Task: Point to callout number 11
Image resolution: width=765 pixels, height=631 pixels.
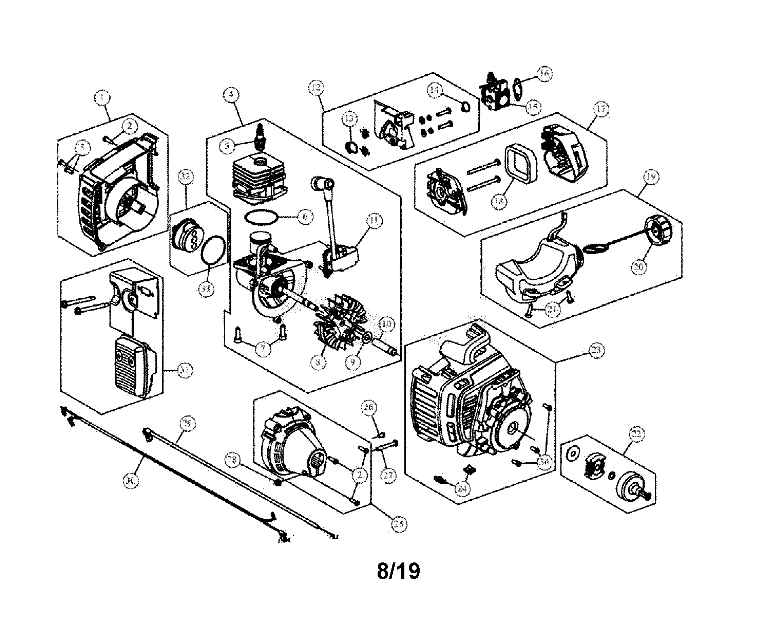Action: pos(374,220)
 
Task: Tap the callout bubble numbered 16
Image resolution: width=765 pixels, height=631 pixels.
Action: pos(544,74)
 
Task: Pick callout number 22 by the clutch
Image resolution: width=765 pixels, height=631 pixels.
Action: pos(636,434)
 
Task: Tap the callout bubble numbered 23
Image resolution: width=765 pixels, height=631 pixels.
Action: pos(596,350)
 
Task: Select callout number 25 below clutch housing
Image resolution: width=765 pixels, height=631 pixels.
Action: pos(399,524)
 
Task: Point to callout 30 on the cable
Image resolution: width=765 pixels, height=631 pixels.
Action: pos(130,480)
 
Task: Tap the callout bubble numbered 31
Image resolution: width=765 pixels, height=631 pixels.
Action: pos(185,370)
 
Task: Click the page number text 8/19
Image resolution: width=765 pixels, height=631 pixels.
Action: pos(399,571)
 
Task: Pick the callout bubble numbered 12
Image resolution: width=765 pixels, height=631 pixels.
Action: pos(315,87)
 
